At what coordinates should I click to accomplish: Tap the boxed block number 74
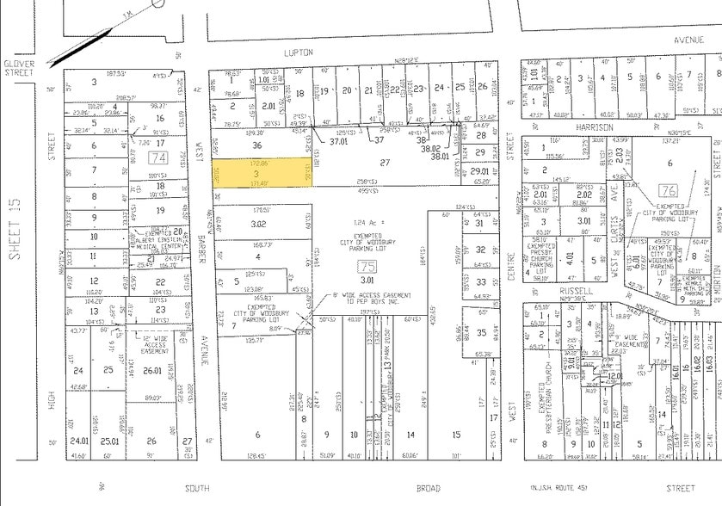point(157,158)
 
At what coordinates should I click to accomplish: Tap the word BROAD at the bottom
point(429,488)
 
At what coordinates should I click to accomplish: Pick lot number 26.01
point(152,371)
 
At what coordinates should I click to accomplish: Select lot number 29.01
point(480,172)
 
